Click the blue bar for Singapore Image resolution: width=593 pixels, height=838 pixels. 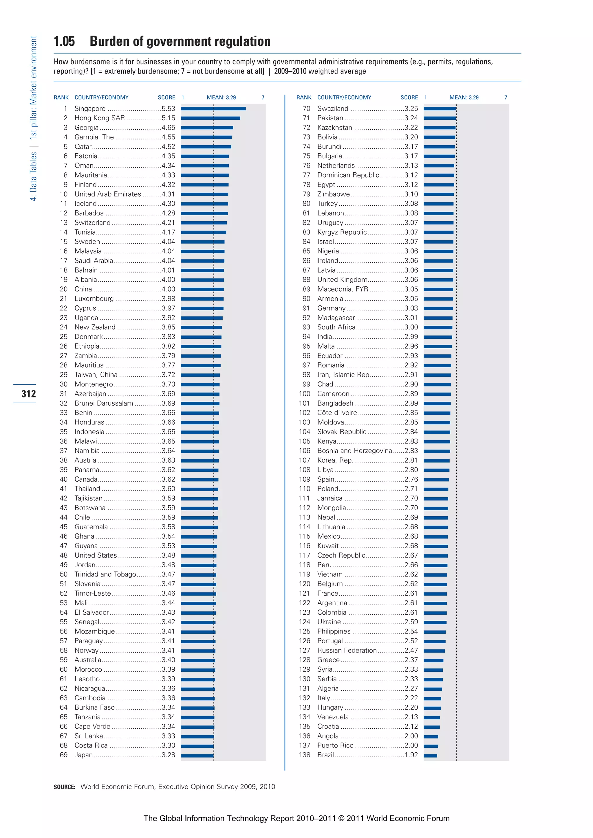[213, 109]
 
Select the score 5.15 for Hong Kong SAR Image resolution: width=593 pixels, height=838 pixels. [169, 118]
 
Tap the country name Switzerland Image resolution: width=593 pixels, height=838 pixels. [92, 223]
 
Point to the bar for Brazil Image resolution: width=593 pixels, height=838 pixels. [430, 756]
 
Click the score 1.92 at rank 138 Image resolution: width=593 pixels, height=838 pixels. [411, 755]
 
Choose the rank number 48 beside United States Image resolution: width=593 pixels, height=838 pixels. [64, 555]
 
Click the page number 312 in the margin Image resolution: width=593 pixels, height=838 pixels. [28, 394]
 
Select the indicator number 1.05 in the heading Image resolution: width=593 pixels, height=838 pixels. [64, 41]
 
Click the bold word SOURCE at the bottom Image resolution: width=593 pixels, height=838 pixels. [64, 787]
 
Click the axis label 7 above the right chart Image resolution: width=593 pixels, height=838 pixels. [506, 97]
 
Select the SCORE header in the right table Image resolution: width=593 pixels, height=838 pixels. [409, 97]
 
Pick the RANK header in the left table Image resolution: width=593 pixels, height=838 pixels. [61, 97]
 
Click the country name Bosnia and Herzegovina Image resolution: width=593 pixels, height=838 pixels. [354, 451]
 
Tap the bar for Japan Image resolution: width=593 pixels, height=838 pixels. [197, 756]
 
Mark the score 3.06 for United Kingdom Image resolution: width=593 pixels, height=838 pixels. [411, 280]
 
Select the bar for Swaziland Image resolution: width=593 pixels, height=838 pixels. [440, 109]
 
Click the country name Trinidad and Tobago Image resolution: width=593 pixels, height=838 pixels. [105, 574]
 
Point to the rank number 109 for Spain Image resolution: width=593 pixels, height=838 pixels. [304, 479]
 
